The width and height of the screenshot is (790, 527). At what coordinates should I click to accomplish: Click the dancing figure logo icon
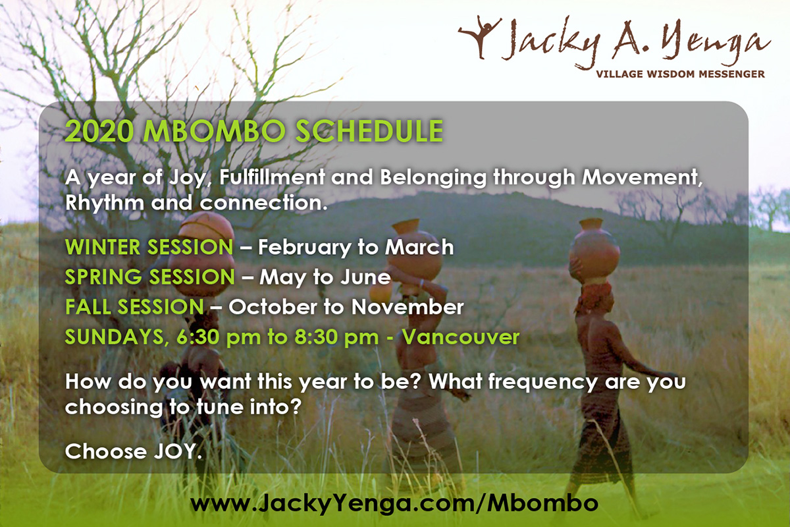coord(480,36)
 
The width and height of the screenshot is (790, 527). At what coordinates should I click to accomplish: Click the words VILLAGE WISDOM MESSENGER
coord(680,74)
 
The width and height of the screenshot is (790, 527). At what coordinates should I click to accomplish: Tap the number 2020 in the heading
coord(99,131)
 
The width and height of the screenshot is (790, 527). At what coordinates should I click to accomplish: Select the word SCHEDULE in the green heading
coord(369,131)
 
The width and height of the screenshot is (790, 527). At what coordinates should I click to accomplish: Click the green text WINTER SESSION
coord(149,247)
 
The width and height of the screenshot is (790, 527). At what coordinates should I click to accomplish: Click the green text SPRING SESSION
coord(149,277)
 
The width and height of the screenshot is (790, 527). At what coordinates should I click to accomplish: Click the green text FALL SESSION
coord(134,307)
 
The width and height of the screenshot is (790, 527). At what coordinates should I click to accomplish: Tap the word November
coord(408,307)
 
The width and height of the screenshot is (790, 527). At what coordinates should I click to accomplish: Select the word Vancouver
coord(461,337)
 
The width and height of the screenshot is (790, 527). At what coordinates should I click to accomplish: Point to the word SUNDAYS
coord(115,337)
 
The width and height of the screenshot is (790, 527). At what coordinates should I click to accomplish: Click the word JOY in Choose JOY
coord(177,451)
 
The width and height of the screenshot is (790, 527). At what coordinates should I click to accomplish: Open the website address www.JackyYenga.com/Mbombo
coord(394,503)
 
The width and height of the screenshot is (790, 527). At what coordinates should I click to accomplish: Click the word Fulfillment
coord(272,177)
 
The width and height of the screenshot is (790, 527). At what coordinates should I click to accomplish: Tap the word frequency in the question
coord(542,382)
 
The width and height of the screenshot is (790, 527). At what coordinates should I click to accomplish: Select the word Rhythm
coord(104,204)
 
